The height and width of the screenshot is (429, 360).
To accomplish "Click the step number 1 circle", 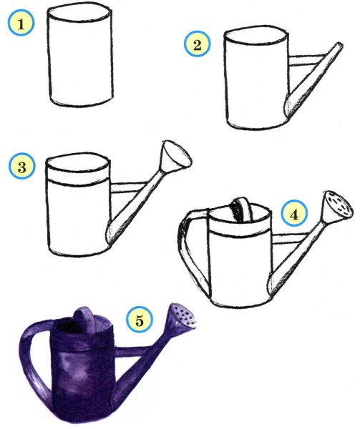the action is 21,23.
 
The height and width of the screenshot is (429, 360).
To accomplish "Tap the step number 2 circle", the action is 197,44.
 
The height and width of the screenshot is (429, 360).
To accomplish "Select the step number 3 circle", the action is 22,166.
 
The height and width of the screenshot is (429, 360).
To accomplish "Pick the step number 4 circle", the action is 294,213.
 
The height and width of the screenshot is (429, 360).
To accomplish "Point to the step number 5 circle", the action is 140,320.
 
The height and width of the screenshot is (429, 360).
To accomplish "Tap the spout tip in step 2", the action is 339,46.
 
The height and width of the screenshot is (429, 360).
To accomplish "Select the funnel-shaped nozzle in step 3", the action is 175,156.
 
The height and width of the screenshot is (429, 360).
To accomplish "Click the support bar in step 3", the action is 128,187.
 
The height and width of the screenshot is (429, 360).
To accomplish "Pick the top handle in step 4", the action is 242,209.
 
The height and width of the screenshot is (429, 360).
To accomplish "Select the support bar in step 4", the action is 290,239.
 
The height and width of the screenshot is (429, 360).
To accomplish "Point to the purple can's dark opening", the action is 68,326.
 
